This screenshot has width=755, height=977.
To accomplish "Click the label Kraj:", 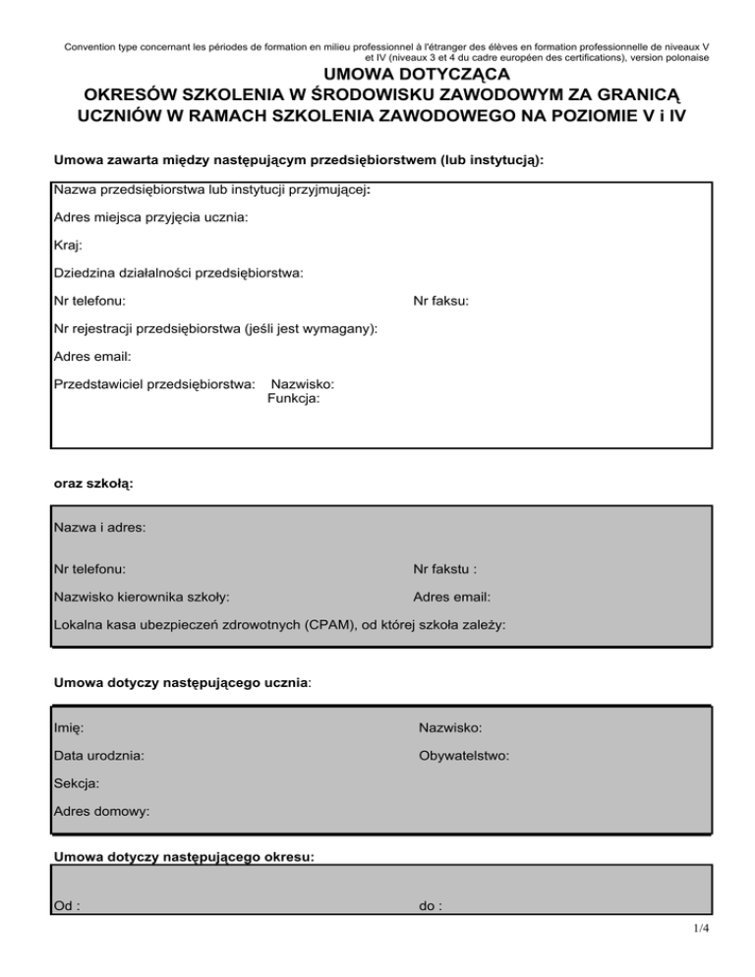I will coord(68,246).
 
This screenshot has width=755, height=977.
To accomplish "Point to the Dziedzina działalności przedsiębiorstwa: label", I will coord(178,273).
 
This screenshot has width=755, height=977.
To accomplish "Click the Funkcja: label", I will coord(293,399).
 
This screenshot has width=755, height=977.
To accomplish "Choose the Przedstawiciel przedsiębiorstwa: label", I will coord(154,383).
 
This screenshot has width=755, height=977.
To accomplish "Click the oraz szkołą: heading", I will coord(93,484).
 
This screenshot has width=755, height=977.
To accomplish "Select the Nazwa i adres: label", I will coord(99,528).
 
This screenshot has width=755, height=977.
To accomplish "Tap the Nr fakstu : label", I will coord(445,568).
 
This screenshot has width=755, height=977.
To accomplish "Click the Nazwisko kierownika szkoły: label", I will coord(143,596).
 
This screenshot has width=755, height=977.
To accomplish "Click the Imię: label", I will coord(69,728).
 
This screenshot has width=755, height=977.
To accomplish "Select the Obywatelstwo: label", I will coord(463,756).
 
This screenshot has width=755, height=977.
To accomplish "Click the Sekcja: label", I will coord(77,783).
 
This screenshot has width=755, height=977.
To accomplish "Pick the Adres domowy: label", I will coord(102,812).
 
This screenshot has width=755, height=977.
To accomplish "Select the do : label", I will coord(430,907).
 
